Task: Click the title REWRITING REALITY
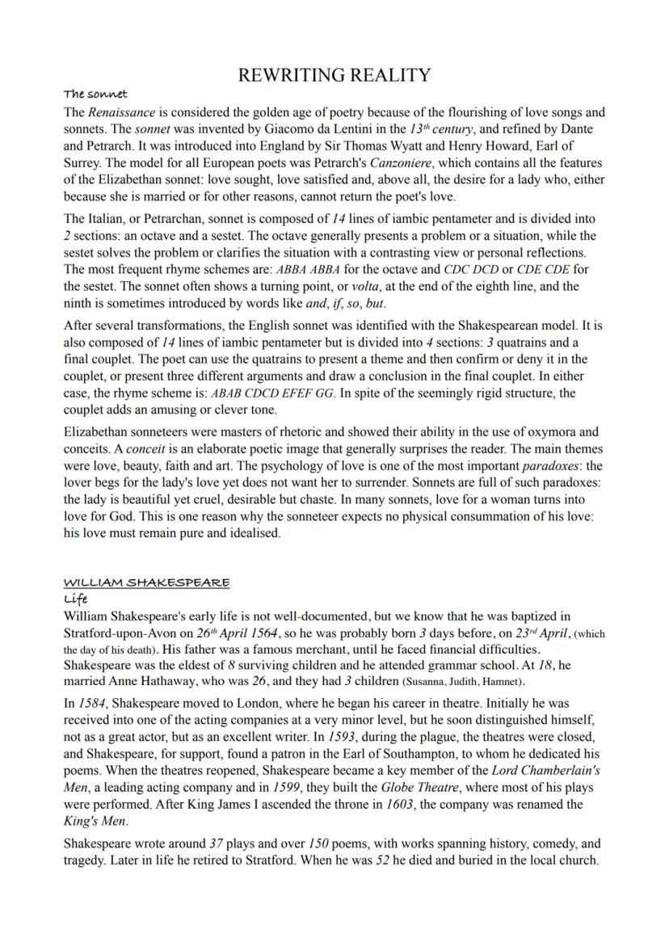click(x=334, y=76)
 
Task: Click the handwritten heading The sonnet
click(x=95, y=95)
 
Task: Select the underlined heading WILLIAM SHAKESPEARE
click(x=146, y=582)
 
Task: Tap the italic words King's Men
click(x=90, y=822)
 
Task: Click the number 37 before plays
click(x=217, y=843)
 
